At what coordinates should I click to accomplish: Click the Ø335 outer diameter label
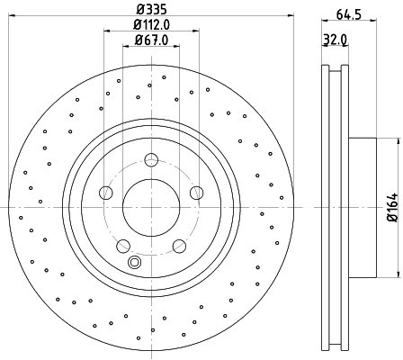pos(151,9)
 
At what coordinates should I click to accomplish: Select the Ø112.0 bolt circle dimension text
pos(151,25)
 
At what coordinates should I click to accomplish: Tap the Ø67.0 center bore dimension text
pos(151,40)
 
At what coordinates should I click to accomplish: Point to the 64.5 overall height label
pos(348,13)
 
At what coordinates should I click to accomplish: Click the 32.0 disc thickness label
pos(335,39)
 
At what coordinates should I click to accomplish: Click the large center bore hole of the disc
pos(151,208)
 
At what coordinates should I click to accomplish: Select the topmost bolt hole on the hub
pos(151,159)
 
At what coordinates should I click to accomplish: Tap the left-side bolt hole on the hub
pos(106,193)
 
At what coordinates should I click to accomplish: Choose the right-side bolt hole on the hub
pos(197,193)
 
